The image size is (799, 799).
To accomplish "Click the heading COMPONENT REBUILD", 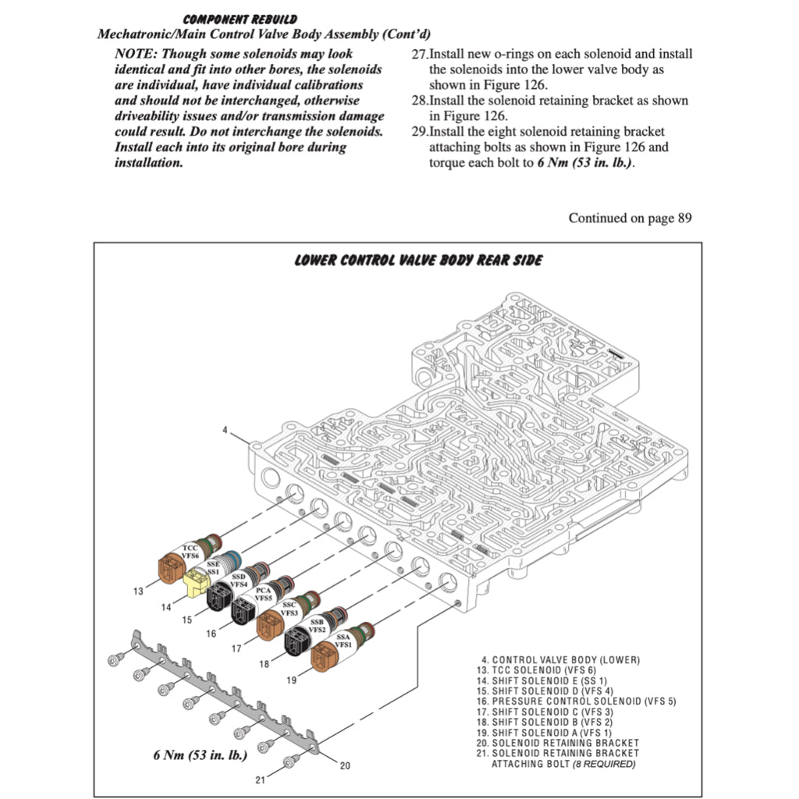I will tap(240, 19).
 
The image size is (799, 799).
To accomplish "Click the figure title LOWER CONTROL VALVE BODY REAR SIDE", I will tap(417, 260).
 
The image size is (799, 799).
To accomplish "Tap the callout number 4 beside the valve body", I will tap(225, 430).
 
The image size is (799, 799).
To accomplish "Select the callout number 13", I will tap(138, 591).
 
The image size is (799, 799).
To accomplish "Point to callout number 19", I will tap(291, 680).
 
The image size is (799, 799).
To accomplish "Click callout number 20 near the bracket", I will tap(345, 765).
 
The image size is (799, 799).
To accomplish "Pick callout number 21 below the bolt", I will tap(261, 779).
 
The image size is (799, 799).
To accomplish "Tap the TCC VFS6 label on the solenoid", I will tap(190, 552).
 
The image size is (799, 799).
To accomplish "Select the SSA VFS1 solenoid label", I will tap(343, 641).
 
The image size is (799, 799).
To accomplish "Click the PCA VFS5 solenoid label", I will tap(263, 595).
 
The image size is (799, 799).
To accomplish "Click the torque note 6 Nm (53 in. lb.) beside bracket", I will tap(200, 755).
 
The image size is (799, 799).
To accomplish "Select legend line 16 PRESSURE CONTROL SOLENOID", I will tap(578, 701).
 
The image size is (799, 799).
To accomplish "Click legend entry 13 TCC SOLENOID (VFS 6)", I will tap(543, 670).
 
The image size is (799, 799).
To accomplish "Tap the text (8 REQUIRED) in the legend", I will tap(604, 764).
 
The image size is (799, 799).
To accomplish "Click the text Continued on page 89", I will tap(630, 218).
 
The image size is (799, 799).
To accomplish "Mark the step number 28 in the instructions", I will tap(419, 101).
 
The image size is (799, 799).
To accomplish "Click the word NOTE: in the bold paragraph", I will tap(136, 54).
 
